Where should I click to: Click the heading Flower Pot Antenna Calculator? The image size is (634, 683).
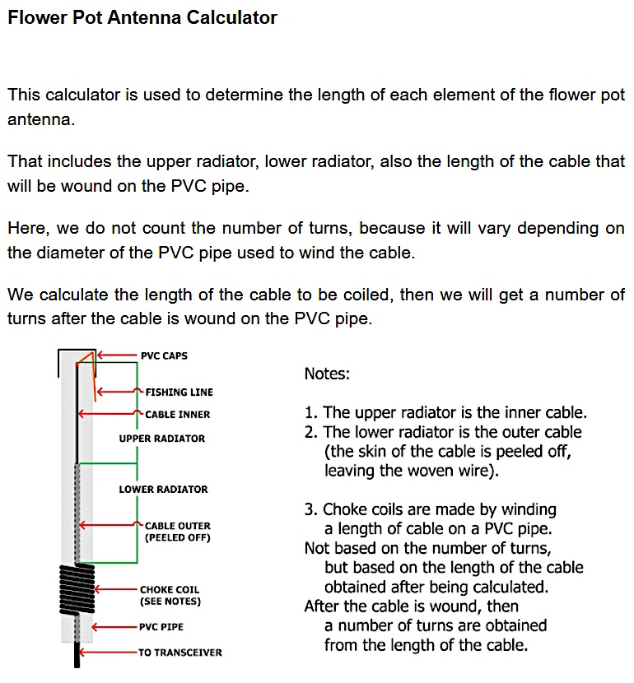pos(142,17)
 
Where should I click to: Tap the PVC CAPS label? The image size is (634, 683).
pos(164,356)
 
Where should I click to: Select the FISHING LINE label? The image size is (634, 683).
pos(179,393)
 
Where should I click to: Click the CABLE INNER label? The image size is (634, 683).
pos(177,415)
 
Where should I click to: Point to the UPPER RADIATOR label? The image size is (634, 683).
pos(161,439)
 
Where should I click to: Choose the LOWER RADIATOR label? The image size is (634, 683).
pos(163,490)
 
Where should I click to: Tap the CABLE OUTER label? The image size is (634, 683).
pos(177,526)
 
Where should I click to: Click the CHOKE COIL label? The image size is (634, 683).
pos(170,590)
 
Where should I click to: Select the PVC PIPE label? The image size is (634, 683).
pos(161,627)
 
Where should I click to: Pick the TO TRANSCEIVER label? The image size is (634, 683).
pos(180,653)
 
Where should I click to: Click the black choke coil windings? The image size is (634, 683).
pos(77,588)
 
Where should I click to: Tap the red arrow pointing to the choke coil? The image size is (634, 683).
pos(115,590)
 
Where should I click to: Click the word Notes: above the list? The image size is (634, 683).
pos(327,374)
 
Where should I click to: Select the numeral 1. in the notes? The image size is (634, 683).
pos(311,413)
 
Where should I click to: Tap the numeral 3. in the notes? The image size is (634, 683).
pos(311,510)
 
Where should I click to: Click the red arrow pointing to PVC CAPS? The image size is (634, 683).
pos(115,356)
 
